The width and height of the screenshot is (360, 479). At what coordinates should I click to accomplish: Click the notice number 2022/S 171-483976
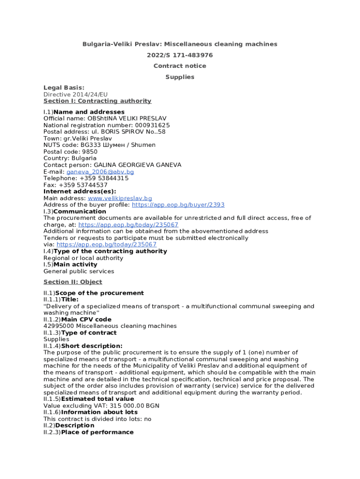pyautogui.click(x=180, y=55)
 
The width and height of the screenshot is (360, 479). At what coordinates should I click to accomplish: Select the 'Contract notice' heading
pyautogui.click(x=180, y=66)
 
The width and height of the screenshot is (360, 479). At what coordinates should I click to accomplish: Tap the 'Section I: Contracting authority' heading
pyautogui.click(x=97, y=101)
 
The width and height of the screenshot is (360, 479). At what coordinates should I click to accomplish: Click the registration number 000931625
pyautogui.click(x=152, y=125)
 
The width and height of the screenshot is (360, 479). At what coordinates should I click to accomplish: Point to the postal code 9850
pyautogui.click(x=89, y=152)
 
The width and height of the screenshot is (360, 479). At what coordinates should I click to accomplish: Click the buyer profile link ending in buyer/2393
pyautogui.click(x=178, y=205)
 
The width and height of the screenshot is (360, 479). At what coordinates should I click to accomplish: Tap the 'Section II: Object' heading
pyautogui.click(x=72, y=282)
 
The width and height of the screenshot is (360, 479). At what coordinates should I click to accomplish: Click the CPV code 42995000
pyautogui.click(x=59, y=326)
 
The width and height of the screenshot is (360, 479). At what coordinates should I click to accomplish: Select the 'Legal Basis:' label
pyautogui.click(x=64, y=87)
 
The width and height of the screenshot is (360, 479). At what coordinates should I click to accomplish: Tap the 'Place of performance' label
pyautogui.click(x=97, y=432)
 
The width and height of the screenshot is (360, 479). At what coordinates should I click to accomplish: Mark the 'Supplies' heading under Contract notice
pyautogui.click(x=180, y=77)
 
